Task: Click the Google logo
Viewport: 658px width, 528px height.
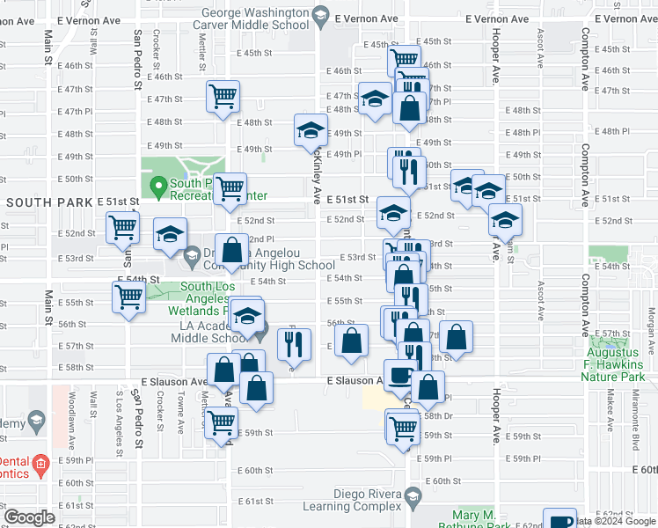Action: click(x=29, y=517)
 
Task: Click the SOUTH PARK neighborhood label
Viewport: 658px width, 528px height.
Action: click(x=48, y=202)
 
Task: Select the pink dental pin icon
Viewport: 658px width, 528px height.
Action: click(x=40, y=463)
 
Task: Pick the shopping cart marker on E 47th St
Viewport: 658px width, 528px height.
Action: click(x=223, y=96)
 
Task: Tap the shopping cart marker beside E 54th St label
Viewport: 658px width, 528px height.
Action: click(x=128, y=297)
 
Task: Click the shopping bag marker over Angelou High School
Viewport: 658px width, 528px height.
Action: click(x=231, y=251)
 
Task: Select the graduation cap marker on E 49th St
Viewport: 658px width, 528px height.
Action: click(x=310, y=131)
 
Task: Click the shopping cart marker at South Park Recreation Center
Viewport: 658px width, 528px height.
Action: click(x=230, y=187)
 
